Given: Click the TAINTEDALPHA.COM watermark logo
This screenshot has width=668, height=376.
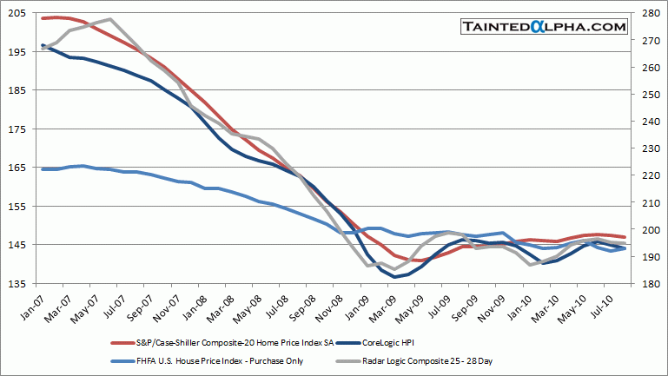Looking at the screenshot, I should pyautogui.click(x=545, y=27).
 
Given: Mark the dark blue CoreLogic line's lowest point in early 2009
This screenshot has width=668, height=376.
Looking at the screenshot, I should pyautogui.click(x=395, y=277).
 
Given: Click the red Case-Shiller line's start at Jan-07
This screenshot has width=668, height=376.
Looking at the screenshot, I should pyautogui.click(x=43, y=18).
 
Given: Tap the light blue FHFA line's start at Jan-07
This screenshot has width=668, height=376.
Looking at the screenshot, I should pyautogui.click(x=43, y=168).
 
